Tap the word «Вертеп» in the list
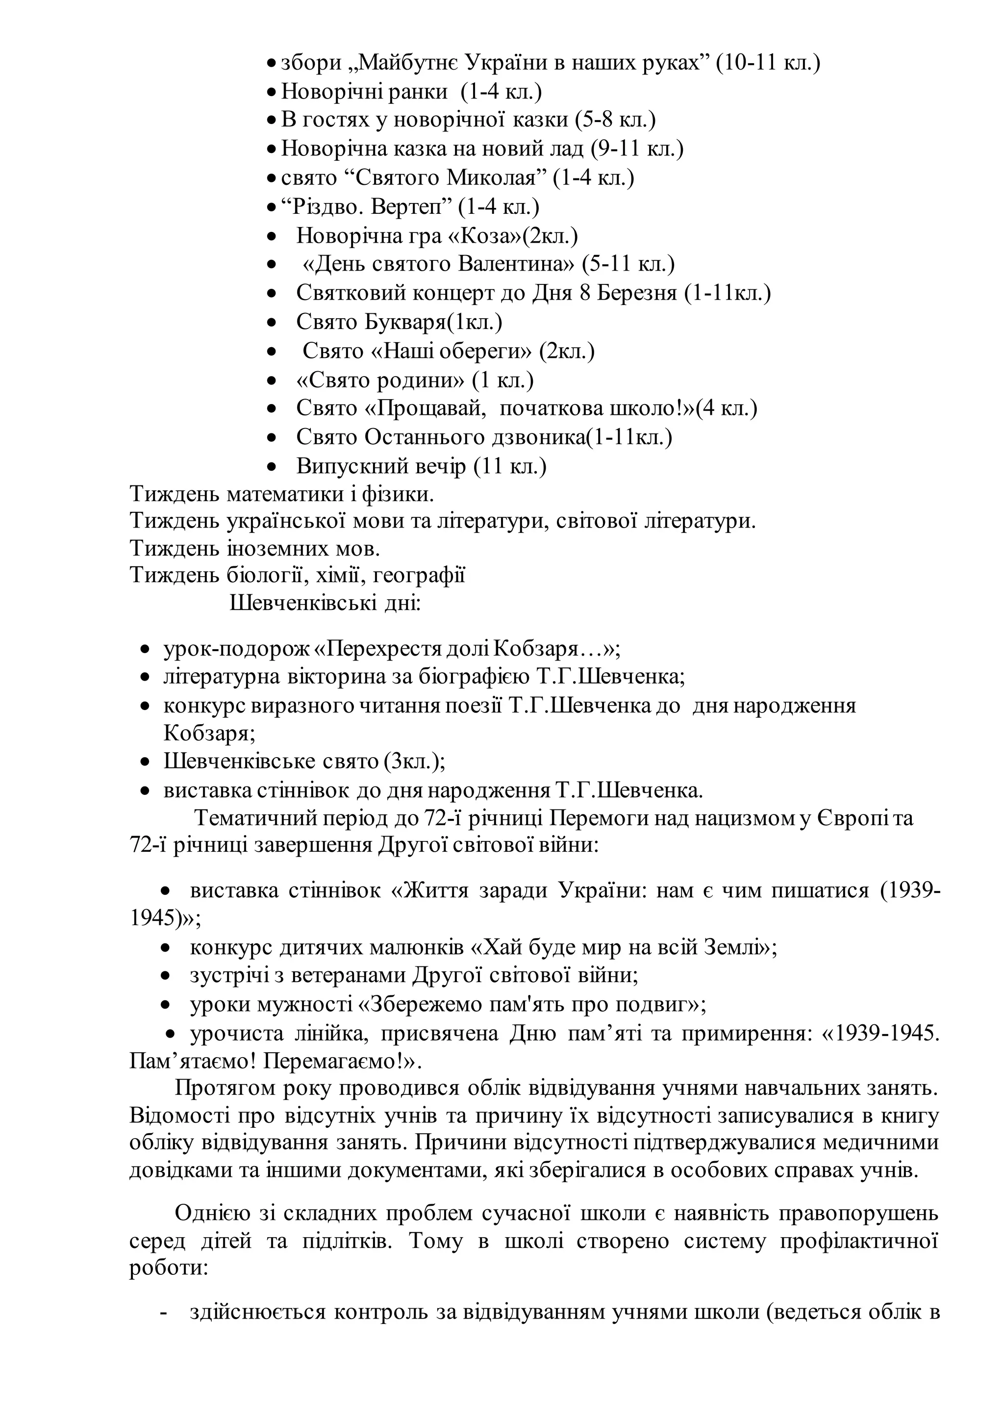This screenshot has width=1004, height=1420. pyautogui.click(x=407, y=206)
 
